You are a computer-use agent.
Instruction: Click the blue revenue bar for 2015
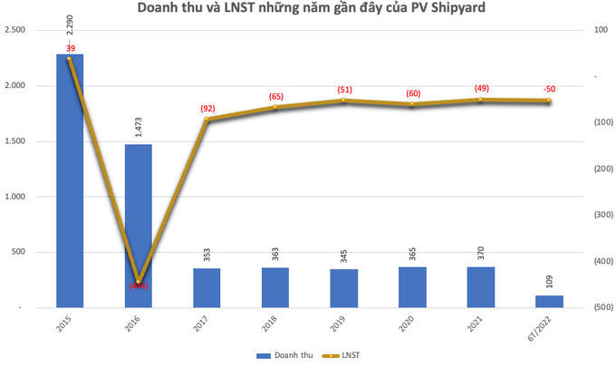click(x=70, y=181)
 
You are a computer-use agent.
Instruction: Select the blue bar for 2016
click(x=138, y=226)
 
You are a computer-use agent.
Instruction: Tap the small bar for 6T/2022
click(x=549, y=302)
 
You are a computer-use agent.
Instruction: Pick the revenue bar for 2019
click(x=343, y=288)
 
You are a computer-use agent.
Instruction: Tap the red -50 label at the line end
click(x=549, y=89)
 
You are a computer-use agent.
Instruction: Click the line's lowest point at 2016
click(x=139, y=284)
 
